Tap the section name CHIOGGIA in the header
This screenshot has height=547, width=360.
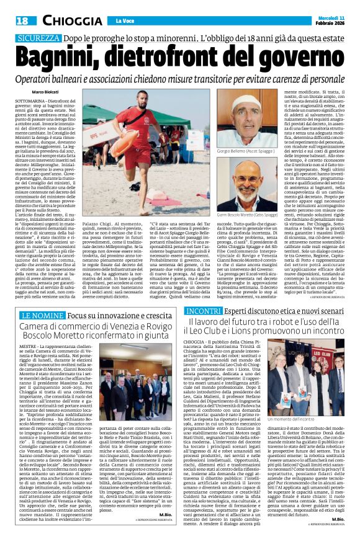pos(64,21)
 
